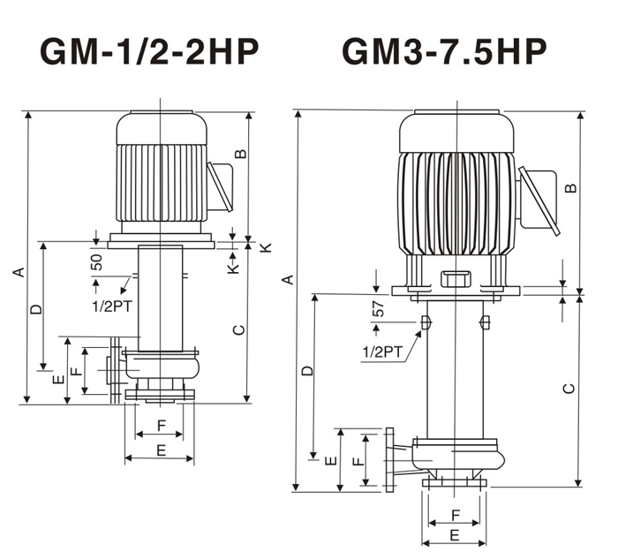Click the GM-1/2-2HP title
click(149, 51)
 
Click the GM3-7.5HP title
click(444, 51)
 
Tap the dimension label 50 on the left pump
click(96, 262)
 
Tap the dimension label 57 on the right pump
click(378, 309)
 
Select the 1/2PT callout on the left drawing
click(112, 306)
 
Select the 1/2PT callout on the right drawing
click(382, 352)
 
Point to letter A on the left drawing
click(19, 272)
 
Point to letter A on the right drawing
click(289, 280)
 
